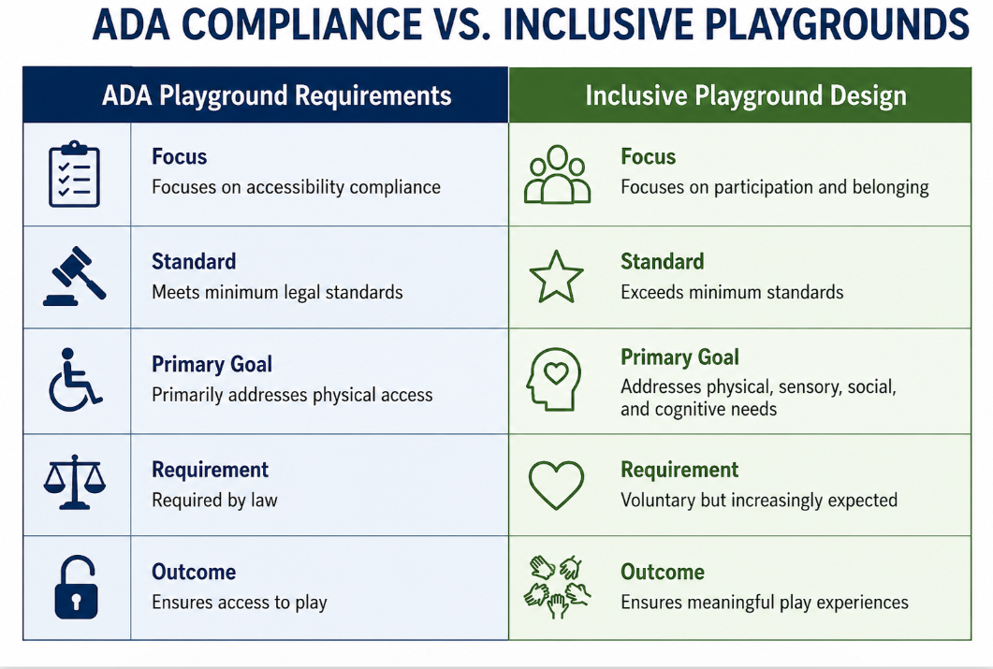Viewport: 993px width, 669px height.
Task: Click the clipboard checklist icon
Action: (x=74, y=174)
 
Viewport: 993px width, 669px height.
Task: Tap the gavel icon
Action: (x=74, y=276)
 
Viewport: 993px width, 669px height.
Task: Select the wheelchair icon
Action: (x=75, y=380)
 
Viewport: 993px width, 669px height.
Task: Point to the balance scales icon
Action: (x=75, y=482)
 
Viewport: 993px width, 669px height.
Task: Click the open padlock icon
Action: (x=76, y=587)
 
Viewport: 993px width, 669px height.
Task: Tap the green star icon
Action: (x=556, y=277)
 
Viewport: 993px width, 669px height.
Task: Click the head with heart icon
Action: (x=553, y=379)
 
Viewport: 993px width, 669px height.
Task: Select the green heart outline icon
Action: (x=556, y=486)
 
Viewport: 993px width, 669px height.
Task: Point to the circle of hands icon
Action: (x=557, y=587)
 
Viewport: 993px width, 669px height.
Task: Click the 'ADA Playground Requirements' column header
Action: (x=277, y=95)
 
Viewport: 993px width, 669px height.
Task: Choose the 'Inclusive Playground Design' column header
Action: (x=746, y=95)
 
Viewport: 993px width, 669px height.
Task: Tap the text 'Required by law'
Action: (x=214, y=500)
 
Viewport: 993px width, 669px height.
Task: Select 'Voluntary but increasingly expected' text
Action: (x=759, y=500)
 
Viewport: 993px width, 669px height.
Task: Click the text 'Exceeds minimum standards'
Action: (x=732, y=292)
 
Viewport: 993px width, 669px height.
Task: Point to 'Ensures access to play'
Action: (x=240, y=602)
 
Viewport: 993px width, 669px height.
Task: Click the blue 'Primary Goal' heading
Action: (x=212, y=364)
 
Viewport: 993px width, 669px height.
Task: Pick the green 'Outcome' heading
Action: (x=663, y=572)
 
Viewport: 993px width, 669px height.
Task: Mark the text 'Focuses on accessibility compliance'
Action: (x=297, y=187)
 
